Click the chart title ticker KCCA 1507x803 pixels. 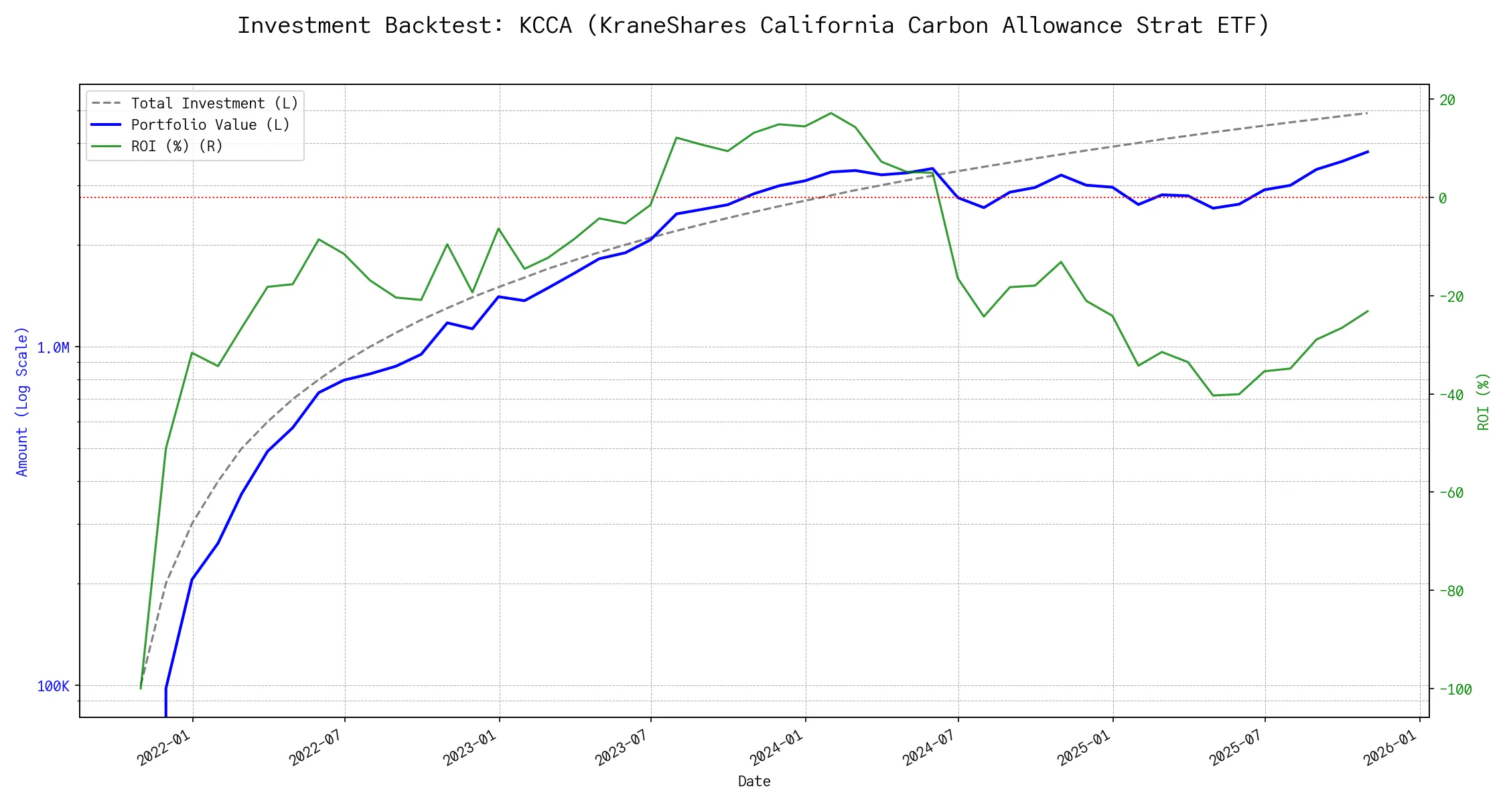tap(545, 25)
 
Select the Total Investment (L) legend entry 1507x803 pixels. tap(214, 104)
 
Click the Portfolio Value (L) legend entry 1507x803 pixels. tap(210, 125)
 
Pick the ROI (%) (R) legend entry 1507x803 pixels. tap(177, 147)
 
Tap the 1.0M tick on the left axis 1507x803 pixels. tap(54, 347)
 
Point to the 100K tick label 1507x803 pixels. tap(54, 686)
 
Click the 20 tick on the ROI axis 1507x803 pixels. tap(1447, 100)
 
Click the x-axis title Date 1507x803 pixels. tap(754, 782)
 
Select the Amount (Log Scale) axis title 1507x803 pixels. tap(23, 401)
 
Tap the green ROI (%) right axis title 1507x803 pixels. tap(1484, 401)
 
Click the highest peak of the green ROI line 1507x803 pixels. tap(831, 113)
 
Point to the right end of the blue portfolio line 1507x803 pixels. tap(1368, 152)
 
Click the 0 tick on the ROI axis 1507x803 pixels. tap(1443, 198)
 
